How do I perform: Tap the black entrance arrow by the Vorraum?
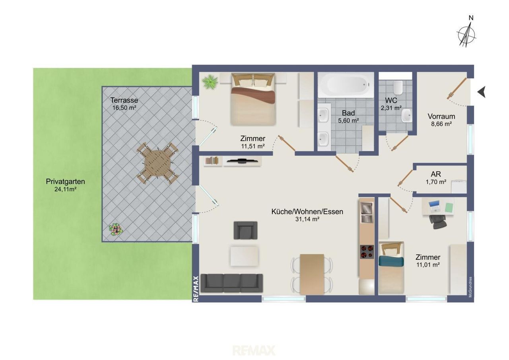click(481, 92)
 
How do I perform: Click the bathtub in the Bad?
click(346, 85)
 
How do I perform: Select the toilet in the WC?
click(398, 88)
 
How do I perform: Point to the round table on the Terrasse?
click(157, 163)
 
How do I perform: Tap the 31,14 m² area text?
click(307, 219)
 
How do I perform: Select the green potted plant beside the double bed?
click(210, 82)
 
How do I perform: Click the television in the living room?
click(243, 161)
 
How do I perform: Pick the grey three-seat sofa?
click(232, 283)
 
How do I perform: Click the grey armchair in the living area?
click(245, 230)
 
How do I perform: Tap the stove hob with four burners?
click(367, 252)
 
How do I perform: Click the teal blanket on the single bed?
click(391, 261)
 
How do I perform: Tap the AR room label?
click(436, 174)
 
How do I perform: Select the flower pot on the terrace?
click(116, 230)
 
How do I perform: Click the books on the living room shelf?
click(212, 160)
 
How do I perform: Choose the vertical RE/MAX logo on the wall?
click(196, 289)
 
